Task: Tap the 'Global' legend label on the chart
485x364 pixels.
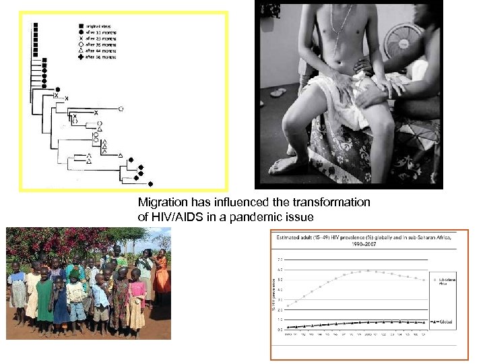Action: point(443,322)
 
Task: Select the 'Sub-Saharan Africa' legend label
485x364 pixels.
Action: point(442,278)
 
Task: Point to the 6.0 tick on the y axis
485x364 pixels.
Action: point(280,269)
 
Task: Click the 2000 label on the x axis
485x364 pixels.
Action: point(366,334)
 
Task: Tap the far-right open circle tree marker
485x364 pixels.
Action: point(121,109)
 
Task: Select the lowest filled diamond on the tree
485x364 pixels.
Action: point(150,183)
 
